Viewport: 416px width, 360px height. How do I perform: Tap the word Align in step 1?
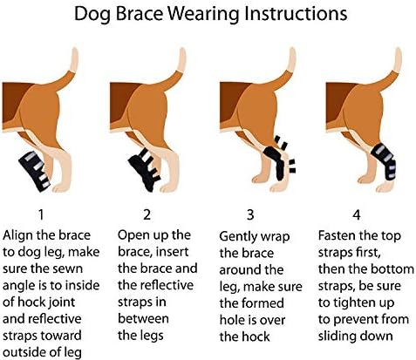point(23,235)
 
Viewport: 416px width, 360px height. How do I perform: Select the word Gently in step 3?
point(241,235)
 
